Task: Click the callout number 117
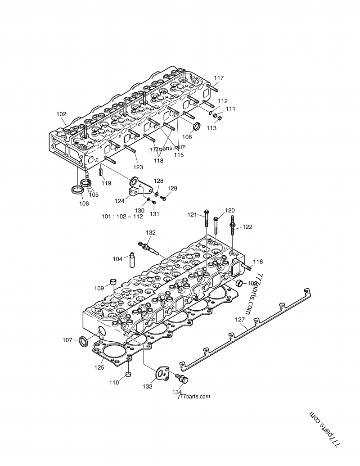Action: pos(219,78)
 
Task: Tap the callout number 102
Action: pos(61,114)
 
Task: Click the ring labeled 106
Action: pos(77,190)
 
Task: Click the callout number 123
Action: pos(138,167)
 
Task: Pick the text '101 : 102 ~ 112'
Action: pos(122,216)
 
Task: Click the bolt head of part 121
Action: pos(206,212)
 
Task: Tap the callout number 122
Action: pos(248,227)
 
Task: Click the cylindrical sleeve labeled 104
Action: pos(133,260)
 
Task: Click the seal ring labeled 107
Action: pos(83,341)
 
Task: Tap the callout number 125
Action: pos(99,367)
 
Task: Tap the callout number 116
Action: pos(257,262)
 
